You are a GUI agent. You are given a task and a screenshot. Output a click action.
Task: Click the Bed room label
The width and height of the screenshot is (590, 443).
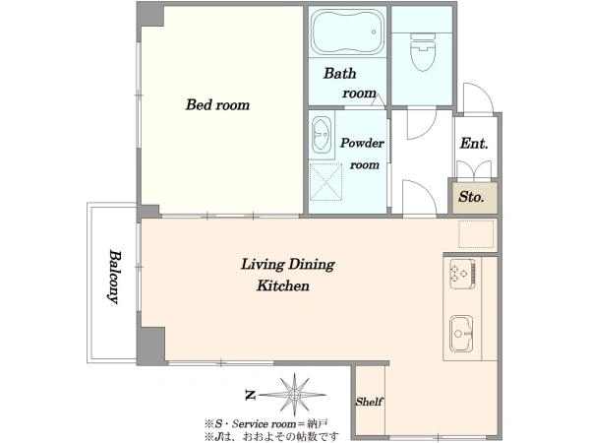tap(217, 104)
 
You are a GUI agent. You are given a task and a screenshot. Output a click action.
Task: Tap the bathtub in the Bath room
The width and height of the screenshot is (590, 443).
tap(348, 32)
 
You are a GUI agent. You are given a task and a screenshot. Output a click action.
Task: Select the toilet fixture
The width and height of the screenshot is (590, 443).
tap(423, 52)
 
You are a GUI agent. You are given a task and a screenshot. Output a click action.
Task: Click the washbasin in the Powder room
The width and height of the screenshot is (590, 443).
tap(322, 135)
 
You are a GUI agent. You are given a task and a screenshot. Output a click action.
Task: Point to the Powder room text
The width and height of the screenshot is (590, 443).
tap(362, 154)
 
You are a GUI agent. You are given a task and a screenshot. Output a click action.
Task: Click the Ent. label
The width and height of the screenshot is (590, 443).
tap(474, 144)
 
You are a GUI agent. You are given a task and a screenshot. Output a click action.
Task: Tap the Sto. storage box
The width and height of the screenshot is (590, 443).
tap(475, 198)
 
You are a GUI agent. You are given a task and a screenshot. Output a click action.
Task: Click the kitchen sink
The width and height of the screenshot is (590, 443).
tap(462, 334)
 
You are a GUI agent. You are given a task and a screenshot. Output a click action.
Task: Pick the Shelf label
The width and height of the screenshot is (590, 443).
tap(370, 402)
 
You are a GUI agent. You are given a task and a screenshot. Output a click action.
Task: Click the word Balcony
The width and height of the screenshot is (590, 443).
tap(114, 277)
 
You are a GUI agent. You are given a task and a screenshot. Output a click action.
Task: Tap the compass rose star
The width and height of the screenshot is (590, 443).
tap(294, 395)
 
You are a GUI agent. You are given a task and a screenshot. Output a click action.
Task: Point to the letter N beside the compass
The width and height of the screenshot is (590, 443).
tap(250, 396)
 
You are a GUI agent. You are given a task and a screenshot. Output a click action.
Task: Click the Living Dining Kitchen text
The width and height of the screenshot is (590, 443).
tap(287, 275)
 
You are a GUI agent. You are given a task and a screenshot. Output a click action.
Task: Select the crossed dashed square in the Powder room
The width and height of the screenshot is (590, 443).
tap(325, 181)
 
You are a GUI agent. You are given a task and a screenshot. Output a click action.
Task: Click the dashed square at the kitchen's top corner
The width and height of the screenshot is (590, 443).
tap(476, 234)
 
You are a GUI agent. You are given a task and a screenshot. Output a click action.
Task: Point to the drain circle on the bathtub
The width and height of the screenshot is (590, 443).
tap(374, 32)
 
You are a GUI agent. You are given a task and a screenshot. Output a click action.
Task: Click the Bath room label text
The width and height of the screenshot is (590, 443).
tap(349, 83)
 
